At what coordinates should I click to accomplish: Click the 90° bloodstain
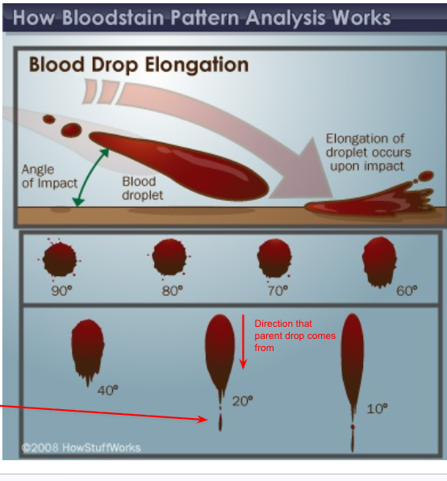click(x=60, y=259)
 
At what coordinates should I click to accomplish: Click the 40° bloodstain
click(x=86, y=347)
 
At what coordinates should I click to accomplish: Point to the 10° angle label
click(x=377, y=409)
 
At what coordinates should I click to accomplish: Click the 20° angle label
click(x=243, y=400)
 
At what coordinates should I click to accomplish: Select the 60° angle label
click(x=407, y=291)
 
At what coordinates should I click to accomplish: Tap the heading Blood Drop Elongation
click(x=139, y=65)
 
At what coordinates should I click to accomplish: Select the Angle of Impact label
click(x=49, y=176)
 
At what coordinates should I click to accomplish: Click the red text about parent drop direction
click(x=283, y=336)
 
